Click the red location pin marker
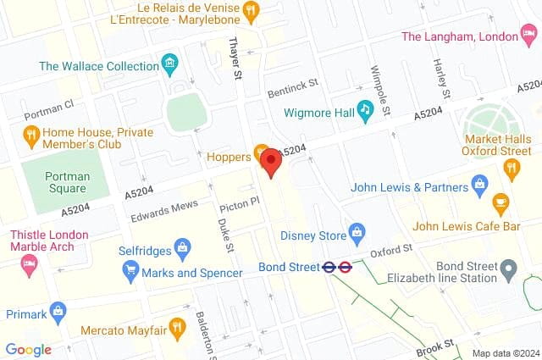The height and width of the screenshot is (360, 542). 271,161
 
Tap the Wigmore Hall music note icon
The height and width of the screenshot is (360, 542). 365,108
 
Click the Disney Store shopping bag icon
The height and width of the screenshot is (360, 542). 357,230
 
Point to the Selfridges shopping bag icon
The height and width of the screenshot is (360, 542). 181,248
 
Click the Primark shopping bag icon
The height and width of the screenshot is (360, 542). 58,311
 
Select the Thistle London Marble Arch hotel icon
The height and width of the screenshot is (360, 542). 28,264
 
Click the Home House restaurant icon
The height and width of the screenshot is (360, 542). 31,133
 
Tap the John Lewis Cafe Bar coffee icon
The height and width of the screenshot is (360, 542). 501,202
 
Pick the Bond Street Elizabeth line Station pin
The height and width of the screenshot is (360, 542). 508,271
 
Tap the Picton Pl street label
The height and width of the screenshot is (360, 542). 239,204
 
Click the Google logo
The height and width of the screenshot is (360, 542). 28,349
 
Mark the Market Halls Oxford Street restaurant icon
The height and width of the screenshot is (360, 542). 511,168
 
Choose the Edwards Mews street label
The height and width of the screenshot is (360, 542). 163,212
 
